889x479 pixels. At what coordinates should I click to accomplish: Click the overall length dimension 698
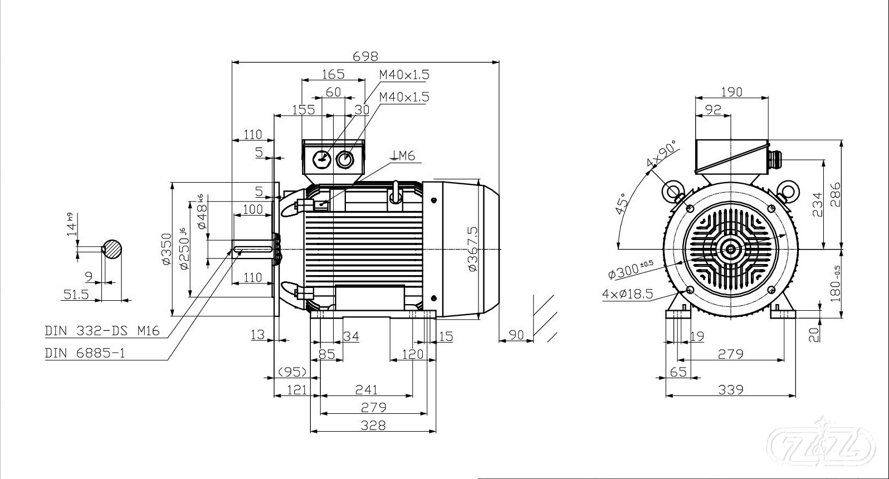[365, 56]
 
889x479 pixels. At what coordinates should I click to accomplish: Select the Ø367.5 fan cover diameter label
[473, 249]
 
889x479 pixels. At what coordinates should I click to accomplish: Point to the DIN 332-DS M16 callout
[102, 331]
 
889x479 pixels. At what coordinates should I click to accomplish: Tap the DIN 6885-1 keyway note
[85, 353]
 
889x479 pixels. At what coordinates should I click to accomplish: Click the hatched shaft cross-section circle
[113, 249]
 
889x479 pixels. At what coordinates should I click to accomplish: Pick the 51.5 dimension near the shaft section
[76, 295]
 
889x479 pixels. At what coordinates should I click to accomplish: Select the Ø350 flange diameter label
[166, 249]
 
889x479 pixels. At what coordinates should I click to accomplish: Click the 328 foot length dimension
[373, 426]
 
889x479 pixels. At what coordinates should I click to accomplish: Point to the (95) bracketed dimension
[293, 372]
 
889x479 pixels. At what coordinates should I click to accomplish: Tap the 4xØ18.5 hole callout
[627, 294]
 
